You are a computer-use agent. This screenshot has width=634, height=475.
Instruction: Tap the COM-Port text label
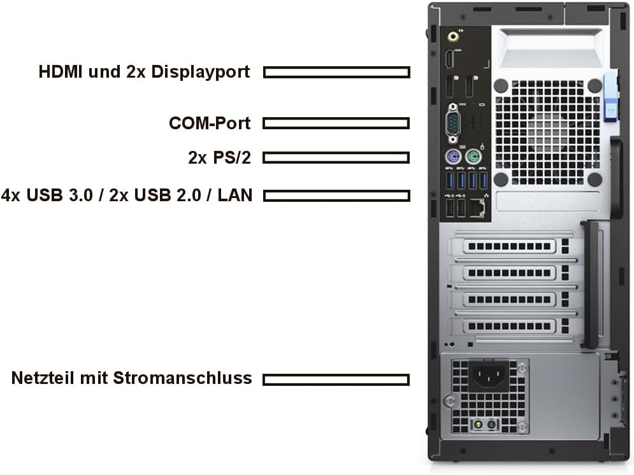[x=210, y=123]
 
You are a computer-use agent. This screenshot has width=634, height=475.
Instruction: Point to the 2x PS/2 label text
[x=219, y=157]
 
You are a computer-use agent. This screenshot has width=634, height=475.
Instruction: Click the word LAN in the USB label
[x=234, y=195]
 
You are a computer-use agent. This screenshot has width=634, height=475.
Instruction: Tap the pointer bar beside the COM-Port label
[x=336, y=123]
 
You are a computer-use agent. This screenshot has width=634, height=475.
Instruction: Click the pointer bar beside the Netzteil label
[x=336, y=379]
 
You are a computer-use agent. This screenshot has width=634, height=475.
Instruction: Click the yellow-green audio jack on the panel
[x=453, y=36]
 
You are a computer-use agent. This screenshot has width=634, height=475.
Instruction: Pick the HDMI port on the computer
[x=450, y=60]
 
